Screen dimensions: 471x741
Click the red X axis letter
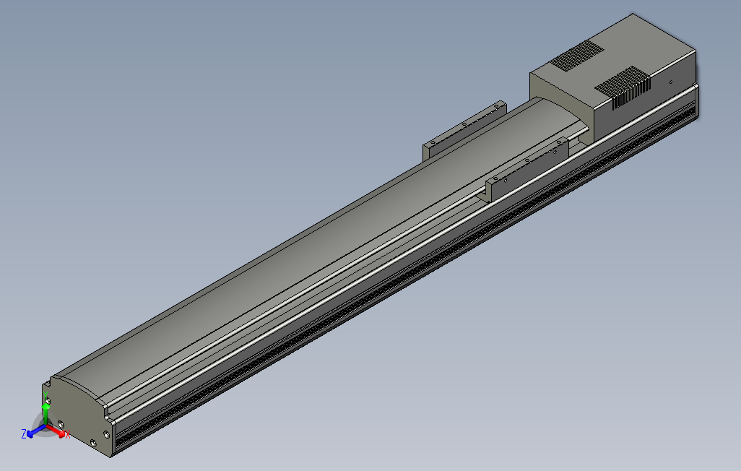pyautogui.click(x=67, y=435)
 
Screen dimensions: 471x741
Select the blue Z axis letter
pyautogui.click(x=24, y=433)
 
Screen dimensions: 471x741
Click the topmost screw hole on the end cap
pyautogui.click(x=48, y=398)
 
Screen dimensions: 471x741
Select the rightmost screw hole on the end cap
pyautogui.click(x=107, y=434)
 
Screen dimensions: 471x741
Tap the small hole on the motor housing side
pyautogui.click(x=670, y=82)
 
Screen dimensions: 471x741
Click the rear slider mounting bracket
pyautogui.click(x=462, y=127)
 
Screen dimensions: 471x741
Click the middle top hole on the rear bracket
pyautogui.click(x=463, y=123)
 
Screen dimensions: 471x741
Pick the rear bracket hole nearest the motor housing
pyautogui.click(x=496, y=106)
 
